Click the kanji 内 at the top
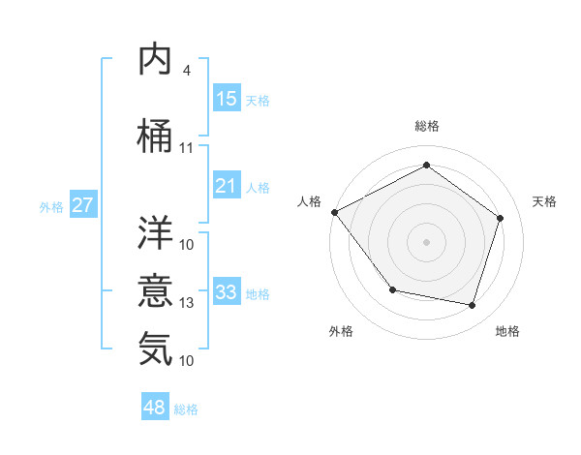[156, 60]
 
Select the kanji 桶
[156, 136]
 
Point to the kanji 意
[156, 290]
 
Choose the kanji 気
[156, 348]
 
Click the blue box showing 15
[226, 99]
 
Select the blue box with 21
[226, 186]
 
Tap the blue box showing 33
[226, 292]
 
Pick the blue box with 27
[82, 205]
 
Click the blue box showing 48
[155, 408]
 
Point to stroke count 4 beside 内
[186, 70]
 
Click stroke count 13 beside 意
[187, 303]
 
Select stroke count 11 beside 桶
[187, 148]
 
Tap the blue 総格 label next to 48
[186, 409]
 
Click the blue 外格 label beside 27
[51, 206]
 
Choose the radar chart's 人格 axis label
[309, 200]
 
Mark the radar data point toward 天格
[500, 218]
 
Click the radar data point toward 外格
[391, 289]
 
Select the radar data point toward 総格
[426, 166]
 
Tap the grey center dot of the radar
[426, 241]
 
